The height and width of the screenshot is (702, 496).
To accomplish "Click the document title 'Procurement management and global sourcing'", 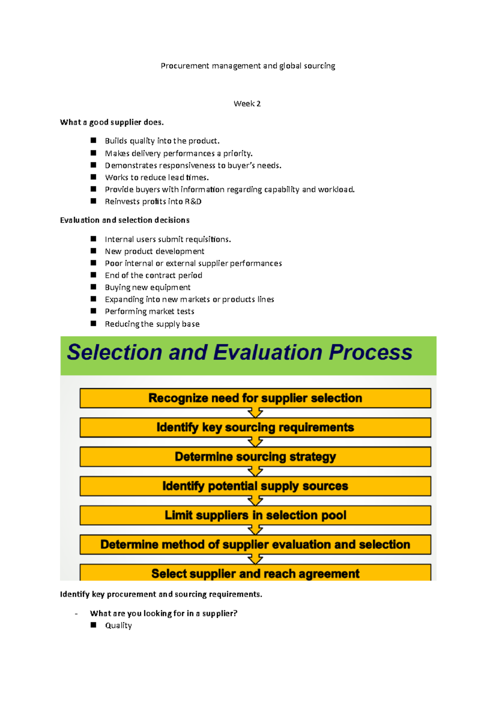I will [248, 66].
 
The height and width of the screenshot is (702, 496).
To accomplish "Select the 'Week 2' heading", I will [247, 104].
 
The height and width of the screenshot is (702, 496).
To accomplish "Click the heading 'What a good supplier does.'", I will [112, 122].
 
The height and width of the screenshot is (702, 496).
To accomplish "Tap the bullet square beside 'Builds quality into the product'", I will [93, 141].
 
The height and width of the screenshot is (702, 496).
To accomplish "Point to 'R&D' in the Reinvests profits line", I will [193, 202].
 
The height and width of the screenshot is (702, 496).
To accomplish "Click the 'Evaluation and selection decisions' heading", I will [124, 220].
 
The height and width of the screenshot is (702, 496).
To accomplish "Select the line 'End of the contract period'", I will [153, 275].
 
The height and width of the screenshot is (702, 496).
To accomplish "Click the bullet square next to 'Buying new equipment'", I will [93, 287].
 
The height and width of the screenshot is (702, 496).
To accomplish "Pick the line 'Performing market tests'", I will [149, 311].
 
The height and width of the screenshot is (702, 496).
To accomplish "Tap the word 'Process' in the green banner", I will [370, 353].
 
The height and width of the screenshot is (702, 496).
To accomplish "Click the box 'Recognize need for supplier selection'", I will [255, 398].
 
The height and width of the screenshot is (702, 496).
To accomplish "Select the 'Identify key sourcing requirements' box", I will [255, 427].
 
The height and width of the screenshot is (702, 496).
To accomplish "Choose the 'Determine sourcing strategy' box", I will [255, 457].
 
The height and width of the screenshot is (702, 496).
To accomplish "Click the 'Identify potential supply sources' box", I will [255, 486].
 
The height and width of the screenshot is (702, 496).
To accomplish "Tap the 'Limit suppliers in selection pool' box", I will [255, 516].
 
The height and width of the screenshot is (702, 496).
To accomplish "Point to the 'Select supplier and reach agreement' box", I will [255, 573].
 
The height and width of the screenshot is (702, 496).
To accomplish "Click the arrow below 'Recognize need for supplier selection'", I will [255, 413].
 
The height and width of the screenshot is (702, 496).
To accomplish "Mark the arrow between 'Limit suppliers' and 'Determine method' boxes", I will [255, 530].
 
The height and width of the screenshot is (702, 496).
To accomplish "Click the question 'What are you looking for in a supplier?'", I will [164, 614].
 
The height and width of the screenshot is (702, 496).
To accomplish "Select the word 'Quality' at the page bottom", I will [118, 626].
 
